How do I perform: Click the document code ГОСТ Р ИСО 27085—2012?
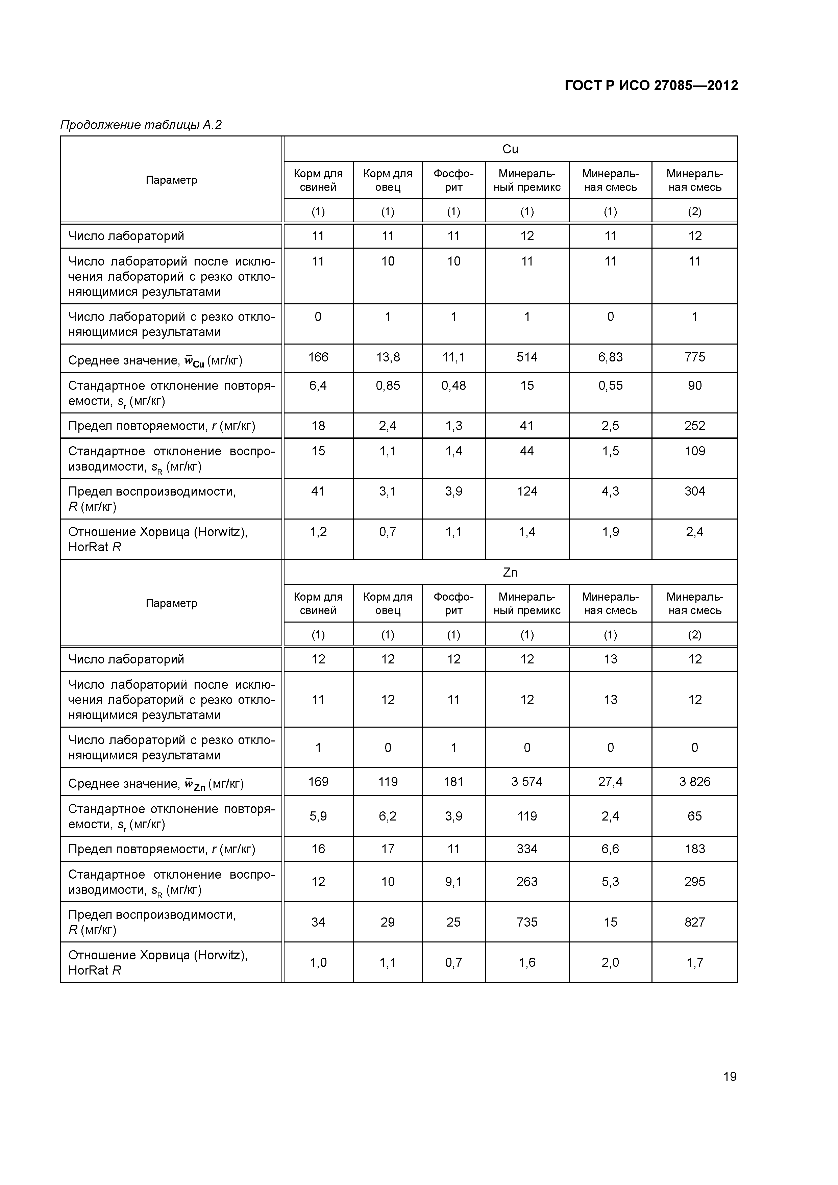coord(651,86)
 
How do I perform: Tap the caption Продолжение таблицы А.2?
coord(141,125)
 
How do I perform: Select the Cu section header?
coord(510,149)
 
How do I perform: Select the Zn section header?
coord(510,572)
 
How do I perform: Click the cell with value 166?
coord(318,357)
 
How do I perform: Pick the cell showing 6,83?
coord(610,357)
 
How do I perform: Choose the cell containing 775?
coord(694,357)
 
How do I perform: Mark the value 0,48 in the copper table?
coord(453,385)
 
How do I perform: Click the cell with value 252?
coord(694,426)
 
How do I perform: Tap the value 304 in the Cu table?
coord(694,491)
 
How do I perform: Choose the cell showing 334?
coord(527,849)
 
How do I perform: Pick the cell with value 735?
coord(527,922)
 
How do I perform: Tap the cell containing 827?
coord(694,922)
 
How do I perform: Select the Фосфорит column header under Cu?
coord(453,180)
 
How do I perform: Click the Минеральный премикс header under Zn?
coord(527,603)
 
